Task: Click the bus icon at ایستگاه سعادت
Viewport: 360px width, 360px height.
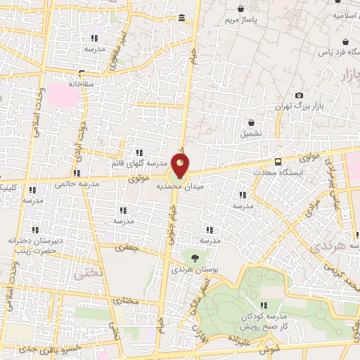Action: (278, 160)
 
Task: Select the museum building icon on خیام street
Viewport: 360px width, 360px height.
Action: (182, 18)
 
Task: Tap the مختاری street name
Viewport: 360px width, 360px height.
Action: (127, 300)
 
